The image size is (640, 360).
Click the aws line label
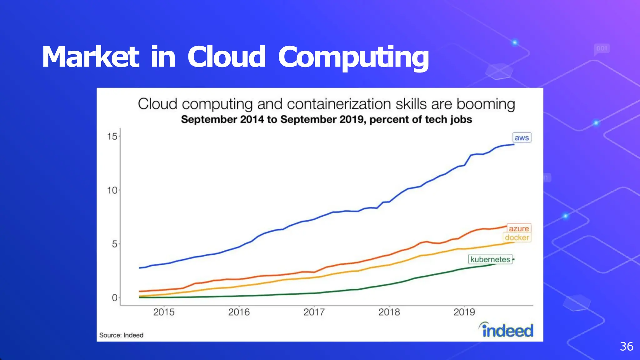point(522,137)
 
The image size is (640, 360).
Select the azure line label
point(519,228)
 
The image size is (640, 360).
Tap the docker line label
point(517,237)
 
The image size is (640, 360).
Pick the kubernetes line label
point(490,259)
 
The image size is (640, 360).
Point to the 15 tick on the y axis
point(112,137)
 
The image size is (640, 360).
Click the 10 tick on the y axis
point(112,190)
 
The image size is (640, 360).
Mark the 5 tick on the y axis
point(114,244)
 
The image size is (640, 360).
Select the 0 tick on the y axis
point(114,298)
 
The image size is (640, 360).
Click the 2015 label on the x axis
point(164,312)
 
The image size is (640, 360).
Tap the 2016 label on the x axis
point(239,312)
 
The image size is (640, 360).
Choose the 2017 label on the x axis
point(314,312)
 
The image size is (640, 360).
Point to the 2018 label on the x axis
point(389,312)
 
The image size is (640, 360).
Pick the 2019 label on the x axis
point(464,312)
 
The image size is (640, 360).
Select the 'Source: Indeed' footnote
point(121,335)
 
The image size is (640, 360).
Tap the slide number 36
point(627,346)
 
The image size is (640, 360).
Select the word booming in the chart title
point(486,104)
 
